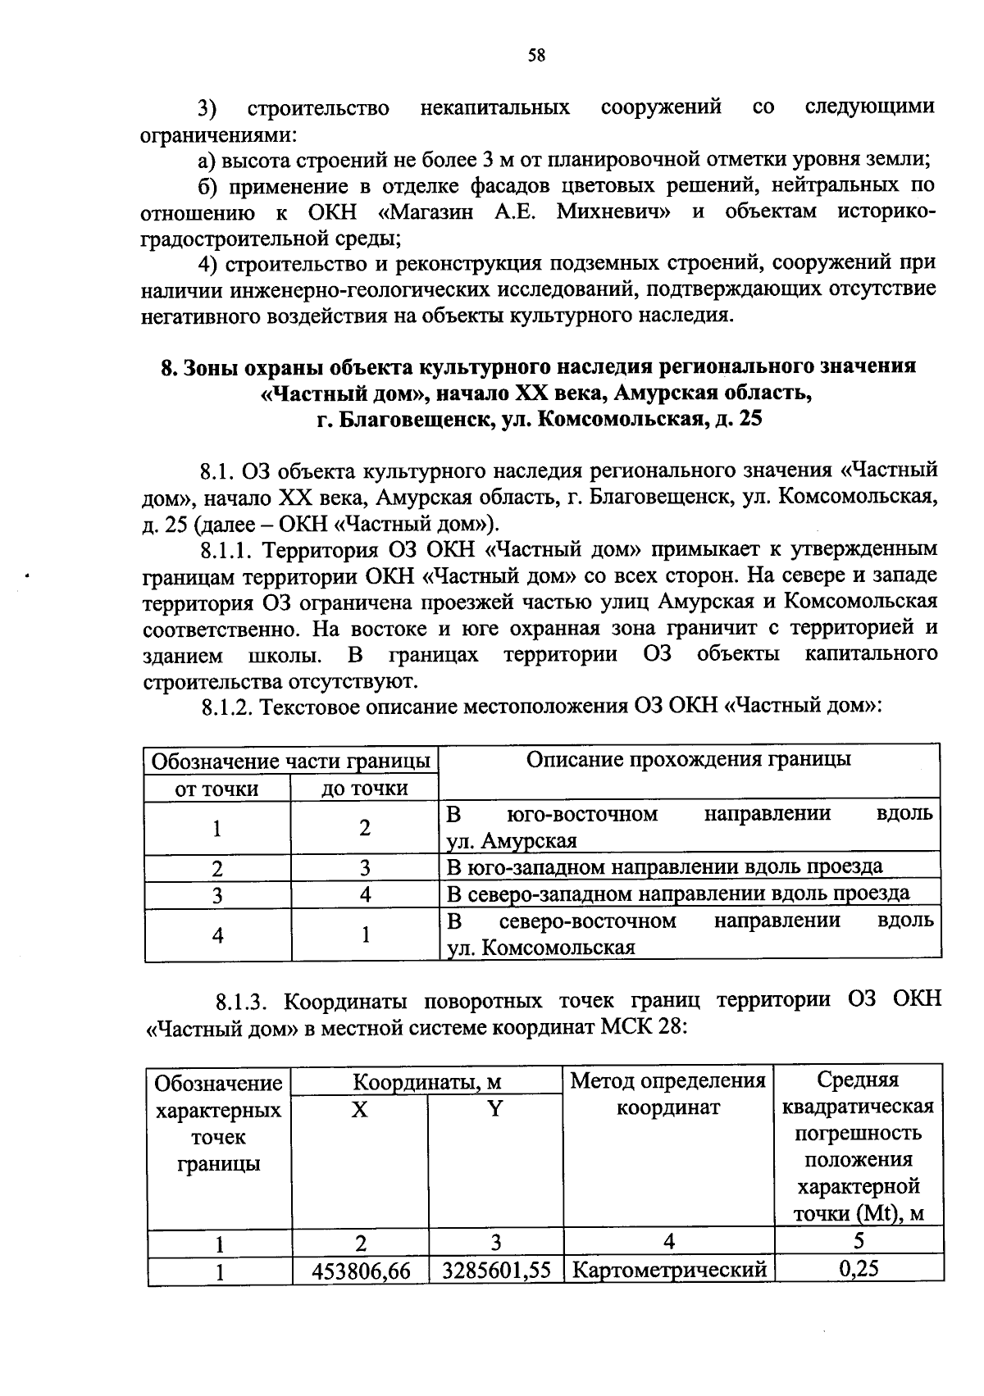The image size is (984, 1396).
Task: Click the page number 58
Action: pos(536,55)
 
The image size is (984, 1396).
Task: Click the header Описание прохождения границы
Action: pos(688,759)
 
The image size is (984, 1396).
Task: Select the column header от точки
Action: pos(217,789)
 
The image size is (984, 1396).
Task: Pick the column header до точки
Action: pos(364,789)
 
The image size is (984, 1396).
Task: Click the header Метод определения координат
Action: pos(668,1094)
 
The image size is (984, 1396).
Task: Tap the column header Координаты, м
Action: pos(426,1082)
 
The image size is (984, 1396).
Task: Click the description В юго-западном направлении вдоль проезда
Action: pos(665,866)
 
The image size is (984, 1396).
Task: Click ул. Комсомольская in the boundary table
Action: pos(541,948)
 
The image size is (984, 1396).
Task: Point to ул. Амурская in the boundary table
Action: pos(512,841)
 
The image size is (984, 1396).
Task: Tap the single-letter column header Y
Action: pos(494,1109)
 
